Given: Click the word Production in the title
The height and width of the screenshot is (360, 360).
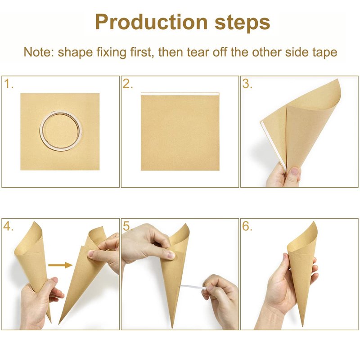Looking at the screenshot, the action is pos(151,22).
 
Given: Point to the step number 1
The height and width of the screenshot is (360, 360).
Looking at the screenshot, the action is pos(9,84).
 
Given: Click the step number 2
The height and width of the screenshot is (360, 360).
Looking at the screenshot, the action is pos(128,84).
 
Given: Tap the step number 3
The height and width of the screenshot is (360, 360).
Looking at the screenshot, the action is pos(247,84).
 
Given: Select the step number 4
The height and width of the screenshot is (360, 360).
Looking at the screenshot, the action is pos(8,226).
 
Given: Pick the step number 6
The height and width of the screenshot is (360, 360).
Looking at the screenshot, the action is pos(247,226).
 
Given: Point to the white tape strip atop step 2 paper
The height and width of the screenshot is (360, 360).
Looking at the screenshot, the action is pos(180,94).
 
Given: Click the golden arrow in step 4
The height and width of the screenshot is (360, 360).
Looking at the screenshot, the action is pos(60,265).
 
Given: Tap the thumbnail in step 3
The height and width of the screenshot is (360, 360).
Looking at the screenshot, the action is pos(295,171).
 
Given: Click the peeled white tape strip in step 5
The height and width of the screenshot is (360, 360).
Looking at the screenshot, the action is pos(193,287).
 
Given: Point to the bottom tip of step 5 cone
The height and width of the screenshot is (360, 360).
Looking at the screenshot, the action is pos(172,328).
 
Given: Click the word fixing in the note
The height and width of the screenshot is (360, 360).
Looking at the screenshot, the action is pos(111,53).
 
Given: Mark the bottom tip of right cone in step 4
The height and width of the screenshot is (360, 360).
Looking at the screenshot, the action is pos(59,323).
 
